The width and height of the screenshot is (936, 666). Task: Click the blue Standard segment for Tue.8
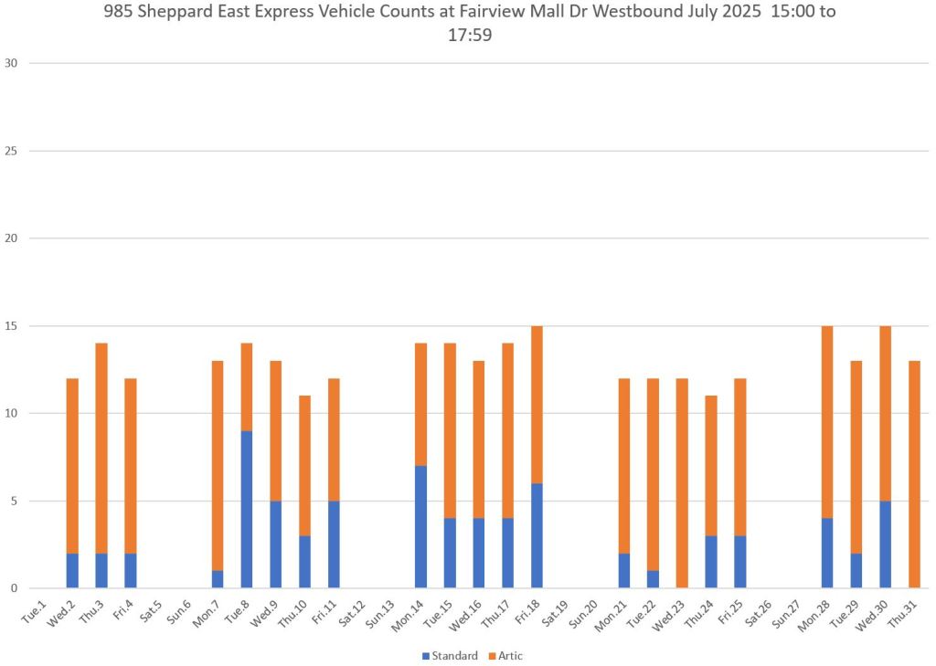pyautogui.click(x=246, y=509)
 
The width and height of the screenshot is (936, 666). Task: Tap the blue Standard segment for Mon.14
pyautogui.click(x=420, y=526)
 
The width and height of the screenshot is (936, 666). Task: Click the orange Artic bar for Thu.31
pyautogui.click(x=914, y=474)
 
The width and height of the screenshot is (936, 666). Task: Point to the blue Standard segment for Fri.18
pyautogui.click(x=537, y=535)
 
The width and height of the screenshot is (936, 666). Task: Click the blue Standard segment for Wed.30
pyautogui.click(x=885, y=544)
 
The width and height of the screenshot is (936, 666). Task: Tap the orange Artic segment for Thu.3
pyautogui.click(x=101, y=448)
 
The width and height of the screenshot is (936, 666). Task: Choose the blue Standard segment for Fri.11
pyautogui.click(x=334, y=544)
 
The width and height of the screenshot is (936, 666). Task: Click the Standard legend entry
pyautogui.click(x=451, y=655)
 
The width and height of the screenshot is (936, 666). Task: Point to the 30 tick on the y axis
pyautogui.click(x=11, y=63)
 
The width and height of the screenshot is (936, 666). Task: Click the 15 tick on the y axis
pyautogui.click(x=11, y=326)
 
